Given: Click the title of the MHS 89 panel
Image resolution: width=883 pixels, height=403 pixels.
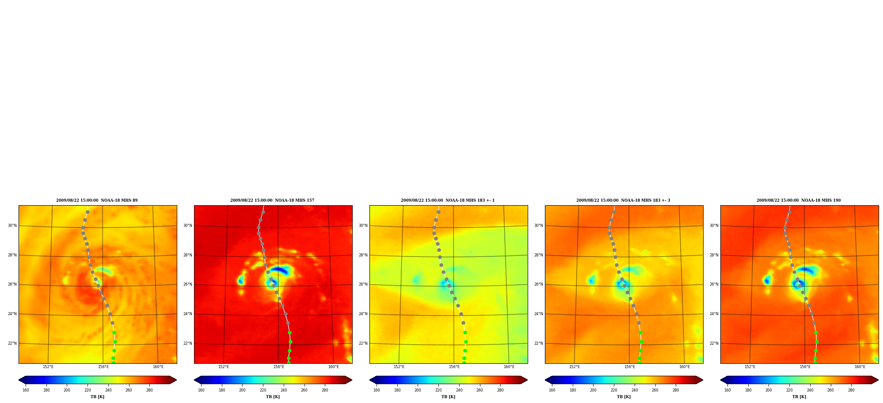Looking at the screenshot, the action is click(97, 200).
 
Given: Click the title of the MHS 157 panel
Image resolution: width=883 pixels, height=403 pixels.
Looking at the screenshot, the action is click(272, 200).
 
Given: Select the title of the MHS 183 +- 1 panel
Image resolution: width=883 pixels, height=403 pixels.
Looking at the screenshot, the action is click(448, 200).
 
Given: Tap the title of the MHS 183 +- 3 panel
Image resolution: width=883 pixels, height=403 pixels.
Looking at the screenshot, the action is click(623, 200).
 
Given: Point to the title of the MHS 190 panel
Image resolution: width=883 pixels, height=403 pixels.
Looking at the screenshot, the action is click(799, 200).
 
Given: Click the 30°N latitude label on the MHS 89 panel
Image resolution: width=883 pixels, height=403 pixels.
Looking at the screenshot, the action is click(12, 226).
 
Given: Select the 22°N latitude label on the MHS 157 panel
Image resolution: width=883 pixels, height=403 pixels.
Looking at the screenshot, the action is click(187, 343).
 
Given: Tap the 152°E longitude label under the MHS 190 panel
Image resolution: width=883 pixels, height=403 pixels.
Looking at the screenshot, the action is click(750, 367).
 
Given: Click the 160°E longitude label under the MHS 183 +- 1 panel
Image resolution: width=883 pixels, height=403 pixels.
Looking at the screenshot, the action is click(509, 367).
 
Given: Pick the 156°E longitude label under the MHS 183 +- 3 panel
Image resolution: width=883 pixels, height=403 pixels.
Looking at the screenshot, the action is click(630, 367).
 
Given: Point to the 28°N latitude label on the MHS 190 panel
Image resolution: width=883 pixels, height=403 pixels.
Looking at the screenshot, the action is click(714, 255).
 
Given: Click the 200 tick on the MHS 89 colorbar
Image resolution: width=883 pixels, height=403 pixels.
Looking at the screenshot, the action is click(67, 390).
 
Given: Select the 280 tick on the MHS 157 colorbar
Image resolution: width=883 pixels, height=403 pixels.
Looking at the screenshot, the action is click(325, 390).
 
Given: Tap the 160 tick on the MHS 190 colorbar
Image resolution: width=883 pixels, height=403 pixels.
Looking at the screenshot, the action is click(727, 390).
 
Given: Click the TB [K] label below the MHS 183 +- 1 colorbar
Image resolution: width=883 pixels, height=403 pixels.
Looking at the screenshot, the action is click(448, 397).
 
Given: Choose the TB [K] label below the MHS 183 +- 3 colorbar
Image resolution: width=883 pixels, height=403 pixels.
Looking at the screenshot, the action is click(624, 397).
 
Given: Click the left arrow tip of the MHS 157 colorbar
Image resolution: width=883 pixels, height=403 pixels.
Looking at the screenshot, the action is click(194, 380).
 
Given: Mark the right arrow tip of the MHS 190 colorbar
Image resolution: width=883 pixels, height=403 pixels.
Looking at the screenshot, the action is click(878, 380).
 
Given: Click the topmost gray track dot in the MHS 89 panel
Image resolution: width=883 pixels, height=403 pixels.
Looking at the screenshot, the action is click(88, 212).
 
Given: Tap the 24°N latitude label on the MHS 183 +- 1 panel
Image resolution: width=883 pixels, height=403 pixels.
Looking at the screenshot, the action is click(363, 314).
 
